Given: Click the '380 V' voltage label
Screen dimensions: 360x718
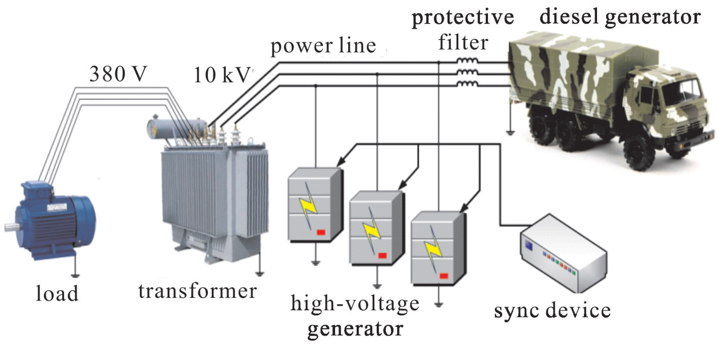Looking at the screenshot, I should click(119, 74).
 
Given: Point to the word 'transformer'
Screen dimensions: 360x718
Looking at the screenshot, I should click(197, 292).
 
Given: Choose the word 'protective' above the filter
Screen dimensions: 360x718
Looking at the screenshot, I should click(463, 18).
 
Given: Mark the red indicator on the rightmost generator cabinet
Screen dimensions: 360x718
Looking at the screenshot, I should click(443, 276).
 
